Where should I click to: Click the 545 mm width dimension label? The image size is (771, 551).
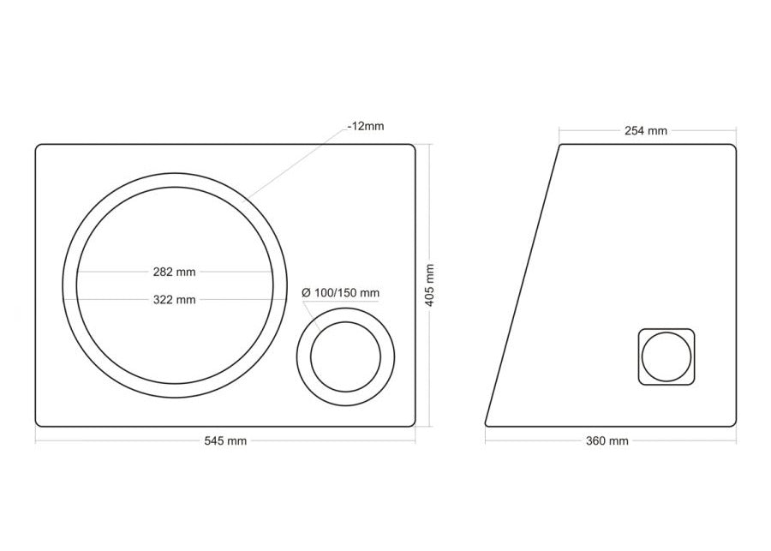tap(225, 440)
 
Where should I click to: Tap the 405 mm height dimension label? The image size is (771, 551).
tap(429, 284)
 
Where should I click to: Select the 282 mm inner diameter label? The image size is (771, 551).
tap(174, 272)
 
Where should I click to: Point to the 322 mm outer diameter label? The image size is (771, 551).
tap(174, 300)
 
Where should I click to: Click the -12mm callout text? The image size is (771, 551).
tap(365, 126)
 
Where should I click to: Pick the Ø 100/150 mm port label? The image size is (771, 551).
tap(340, 293)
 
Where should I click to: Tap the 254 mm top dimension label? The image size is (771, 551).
tap(646, 130)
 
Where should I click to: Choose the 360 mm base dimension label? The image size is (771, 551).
tap(607, 440)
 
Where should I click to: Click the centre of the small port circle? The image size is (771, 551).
tap(346, 356)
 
